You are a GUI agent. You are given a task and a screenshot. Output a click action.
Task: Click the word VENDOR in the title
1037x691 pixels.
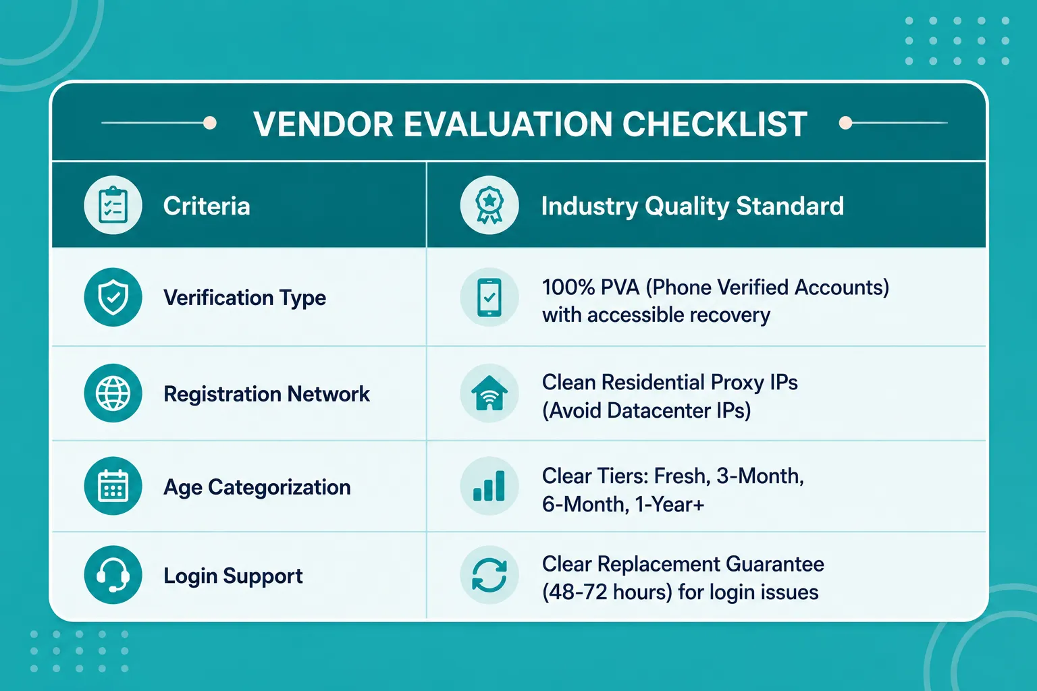tap(323, 124)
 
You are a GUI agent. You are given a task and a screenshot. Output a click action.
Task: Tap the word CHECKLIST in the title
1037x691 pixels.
tap(715, 124)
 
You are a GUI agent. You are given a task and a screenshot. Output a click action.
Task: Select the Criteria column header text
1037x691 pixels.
tap(207, 206)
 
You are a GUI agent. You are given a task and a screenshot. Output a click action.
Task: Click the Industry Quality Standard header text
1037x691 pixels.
tap(693, 206)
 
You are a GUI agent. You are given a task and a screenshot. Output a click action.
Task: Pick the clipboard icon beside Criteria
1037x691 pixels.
tap(113, 205)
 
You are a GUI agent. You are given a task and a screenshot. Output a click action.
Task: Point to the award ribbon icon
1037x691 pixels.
tap(489, 205)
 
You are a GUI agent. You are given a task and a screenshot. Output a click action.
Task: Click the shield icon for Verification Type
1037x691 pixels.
tap(113, 297)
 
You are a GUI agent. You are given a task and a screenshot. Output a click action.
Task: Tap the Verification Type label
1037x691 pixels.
tap(245, 298)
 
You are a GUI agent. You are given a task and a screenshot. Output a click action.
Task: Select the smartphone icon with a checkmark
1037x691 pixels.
tap(489, 297)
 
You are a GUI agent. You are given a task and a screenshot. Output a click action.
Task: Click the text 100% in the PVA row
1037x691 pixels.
tap(568, 287)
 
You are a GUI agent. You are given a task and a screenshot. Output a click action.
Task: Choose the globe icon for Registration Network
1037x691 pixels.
tap(113, 393)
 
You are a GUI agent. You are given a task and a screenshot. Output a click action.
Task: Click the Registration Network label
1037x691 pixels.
tap(267, 394)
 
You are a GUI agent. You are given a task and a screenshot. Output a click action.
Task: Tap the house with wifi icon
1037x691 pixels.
tap(489, 393)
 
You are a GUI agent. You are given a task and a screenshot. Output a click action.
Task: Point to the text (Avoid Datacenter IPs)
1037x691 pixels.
tap(646, 410)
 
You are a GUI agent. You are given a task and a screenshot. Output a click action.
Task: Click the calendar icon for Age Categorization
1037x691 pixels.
tap(113, 485)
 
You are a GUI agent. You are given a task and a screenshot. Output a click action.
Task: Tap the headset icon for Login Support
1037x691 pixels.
tap(113, 575)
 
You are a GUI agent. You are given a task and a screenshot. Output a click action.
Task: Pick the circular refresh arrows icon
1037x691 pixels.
tap(489, 575)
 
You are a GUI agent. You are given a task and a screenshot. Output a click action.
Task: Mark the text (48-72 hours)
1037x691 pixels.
tap(607, 592)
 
